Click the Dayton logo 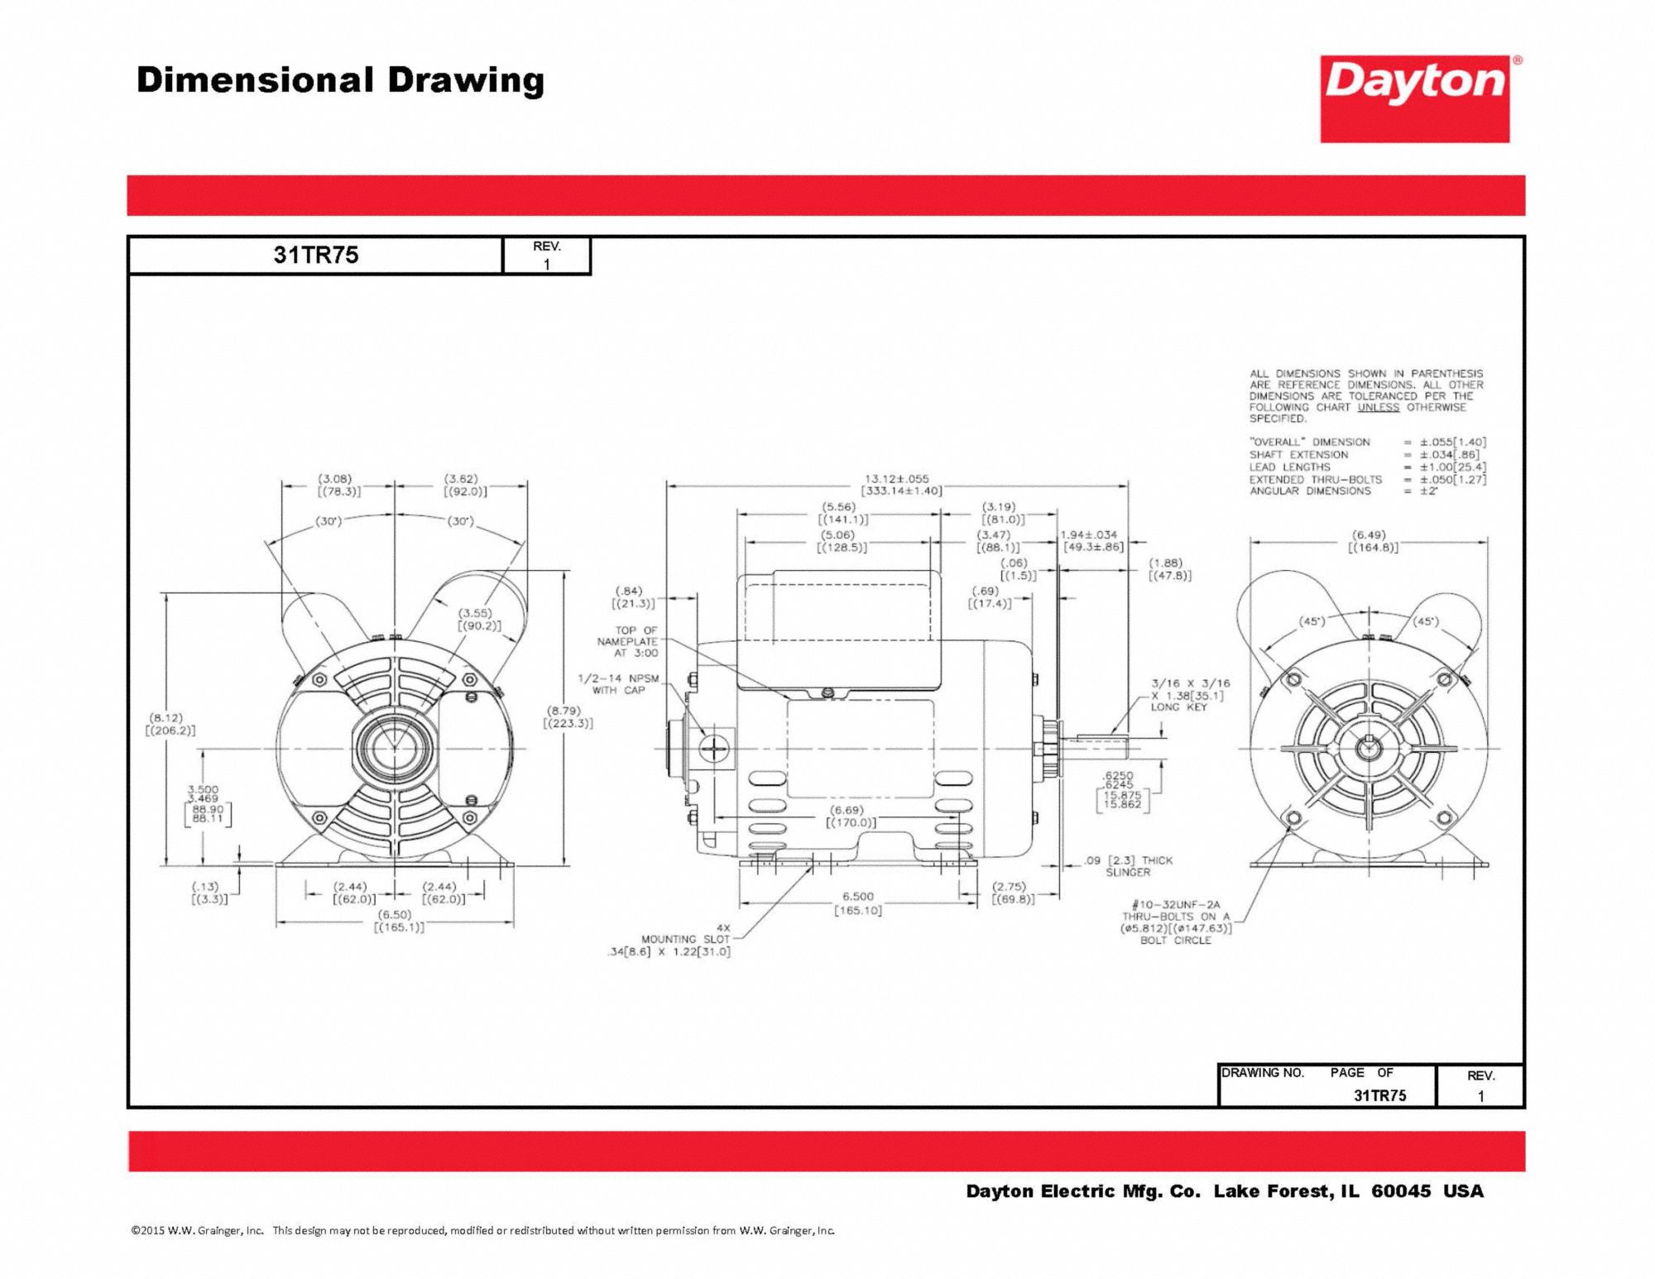pos(1414,98)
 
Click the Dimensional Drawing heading pos(340,81)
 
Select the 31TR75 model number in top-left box pos(315,255)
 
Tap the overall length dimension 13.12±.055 pos(896,479)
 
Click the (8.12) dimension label pos(166,718)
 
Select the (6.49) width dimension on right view pos(1369,535)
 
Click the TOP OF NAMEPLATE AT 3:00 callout pos(628,641)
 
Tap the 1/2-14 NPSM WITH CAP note pos(618,684)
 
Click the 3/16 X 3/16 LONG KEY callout pos(1189,695)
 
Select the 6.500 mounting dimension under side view pos(857,896)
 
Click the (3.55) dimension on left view pos(476,613)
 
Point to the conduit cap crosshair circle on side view pos(712,750)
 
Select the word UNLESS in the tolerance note pos(1378,407)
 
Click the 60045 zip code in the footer pos(1400,1191)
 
